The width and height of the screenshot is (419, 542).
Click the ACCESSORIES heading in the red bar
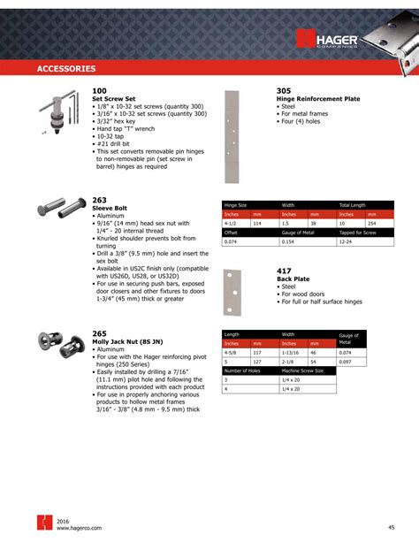tap(67, 68)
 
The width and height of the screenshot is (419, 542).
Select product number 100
tap(99, 91)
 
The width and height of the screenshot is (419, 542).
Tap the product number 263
tap(99, 200)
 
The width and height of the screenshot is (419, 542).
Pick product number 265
tap(99, 333)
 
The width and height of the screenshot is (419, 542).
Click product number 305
tap(284, 91)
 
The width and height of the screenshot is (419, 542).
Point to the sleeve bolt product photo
tap(59, 212)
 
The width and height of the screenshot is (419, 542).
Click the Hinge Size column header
tap(236, 204)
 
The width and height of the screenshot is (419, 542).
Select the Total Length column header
tap(358, 204)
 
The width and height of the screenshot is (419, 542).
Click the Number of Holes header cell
tap(243, 372)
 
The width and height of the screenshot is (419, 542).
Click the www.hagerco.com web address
tap(77, 530)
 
